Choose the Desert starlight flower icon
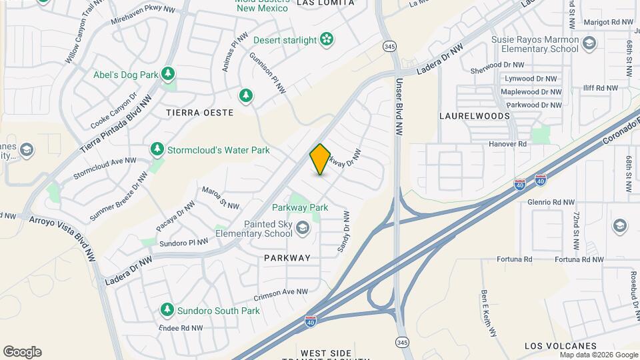point(327,40)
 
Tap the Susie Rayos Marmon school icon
point(589,44)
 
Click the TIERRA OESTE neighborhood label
point(199,113)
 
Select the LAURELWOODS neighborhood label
point(475,115)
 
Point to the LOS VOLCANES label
point(561,346)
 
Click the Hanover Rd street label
point(509,143)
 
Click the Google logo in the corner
point(22,352)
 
